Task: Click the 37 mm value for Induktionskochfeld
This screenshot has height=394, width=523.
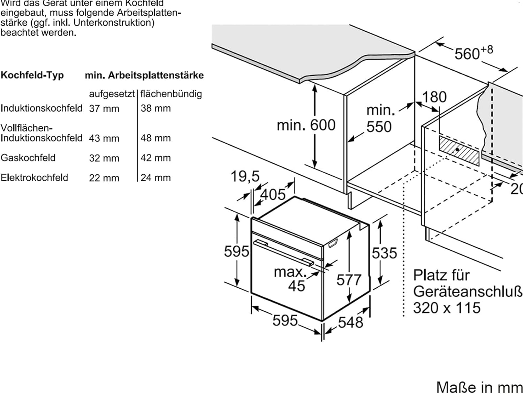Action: [x=104, y=109]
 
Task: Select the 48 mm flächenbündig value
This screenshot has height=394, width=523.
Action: [x=156, y=138]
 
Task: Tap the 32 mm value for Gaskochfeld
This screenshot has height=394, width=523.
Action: [x=104, y=158]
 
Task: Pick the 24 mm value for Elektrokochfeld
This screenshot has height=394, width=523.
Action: [x=156, y=178]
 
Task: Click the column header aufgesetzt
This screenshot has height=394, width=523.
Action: [x=112, y=94]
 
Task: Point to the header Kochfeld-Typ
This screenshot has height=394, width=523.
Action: [x=32, y=75]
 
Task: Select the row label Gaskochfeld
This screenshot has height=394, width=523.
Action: [x=28, y=158]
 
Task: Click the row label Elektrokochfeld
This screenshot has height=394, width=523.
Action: [x=34, y=178]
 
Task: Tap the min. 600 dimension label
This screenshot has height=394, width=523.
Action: [x=306, y=125]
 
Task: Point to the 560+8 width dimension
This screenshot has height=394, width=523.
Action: [x=472, y=53]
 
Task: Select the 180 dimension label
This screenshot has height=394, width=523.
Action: [x=434, y=97]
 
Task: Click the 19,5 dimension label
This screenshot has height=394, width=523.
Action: [x=245, y=176]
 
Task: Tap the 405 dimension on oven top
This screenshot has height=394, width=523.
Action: [x=273, y=195]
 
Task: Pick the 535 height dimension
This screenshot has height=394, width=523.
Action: [x=384, y=253]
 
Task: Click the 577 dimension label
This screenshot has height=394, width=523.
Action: [x=349, y=280]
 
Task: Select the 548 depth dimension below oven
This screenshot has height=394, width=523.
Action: [x=350, y=323]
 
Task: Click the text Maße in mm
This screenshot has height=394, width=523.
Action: [x=479, y=387]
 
